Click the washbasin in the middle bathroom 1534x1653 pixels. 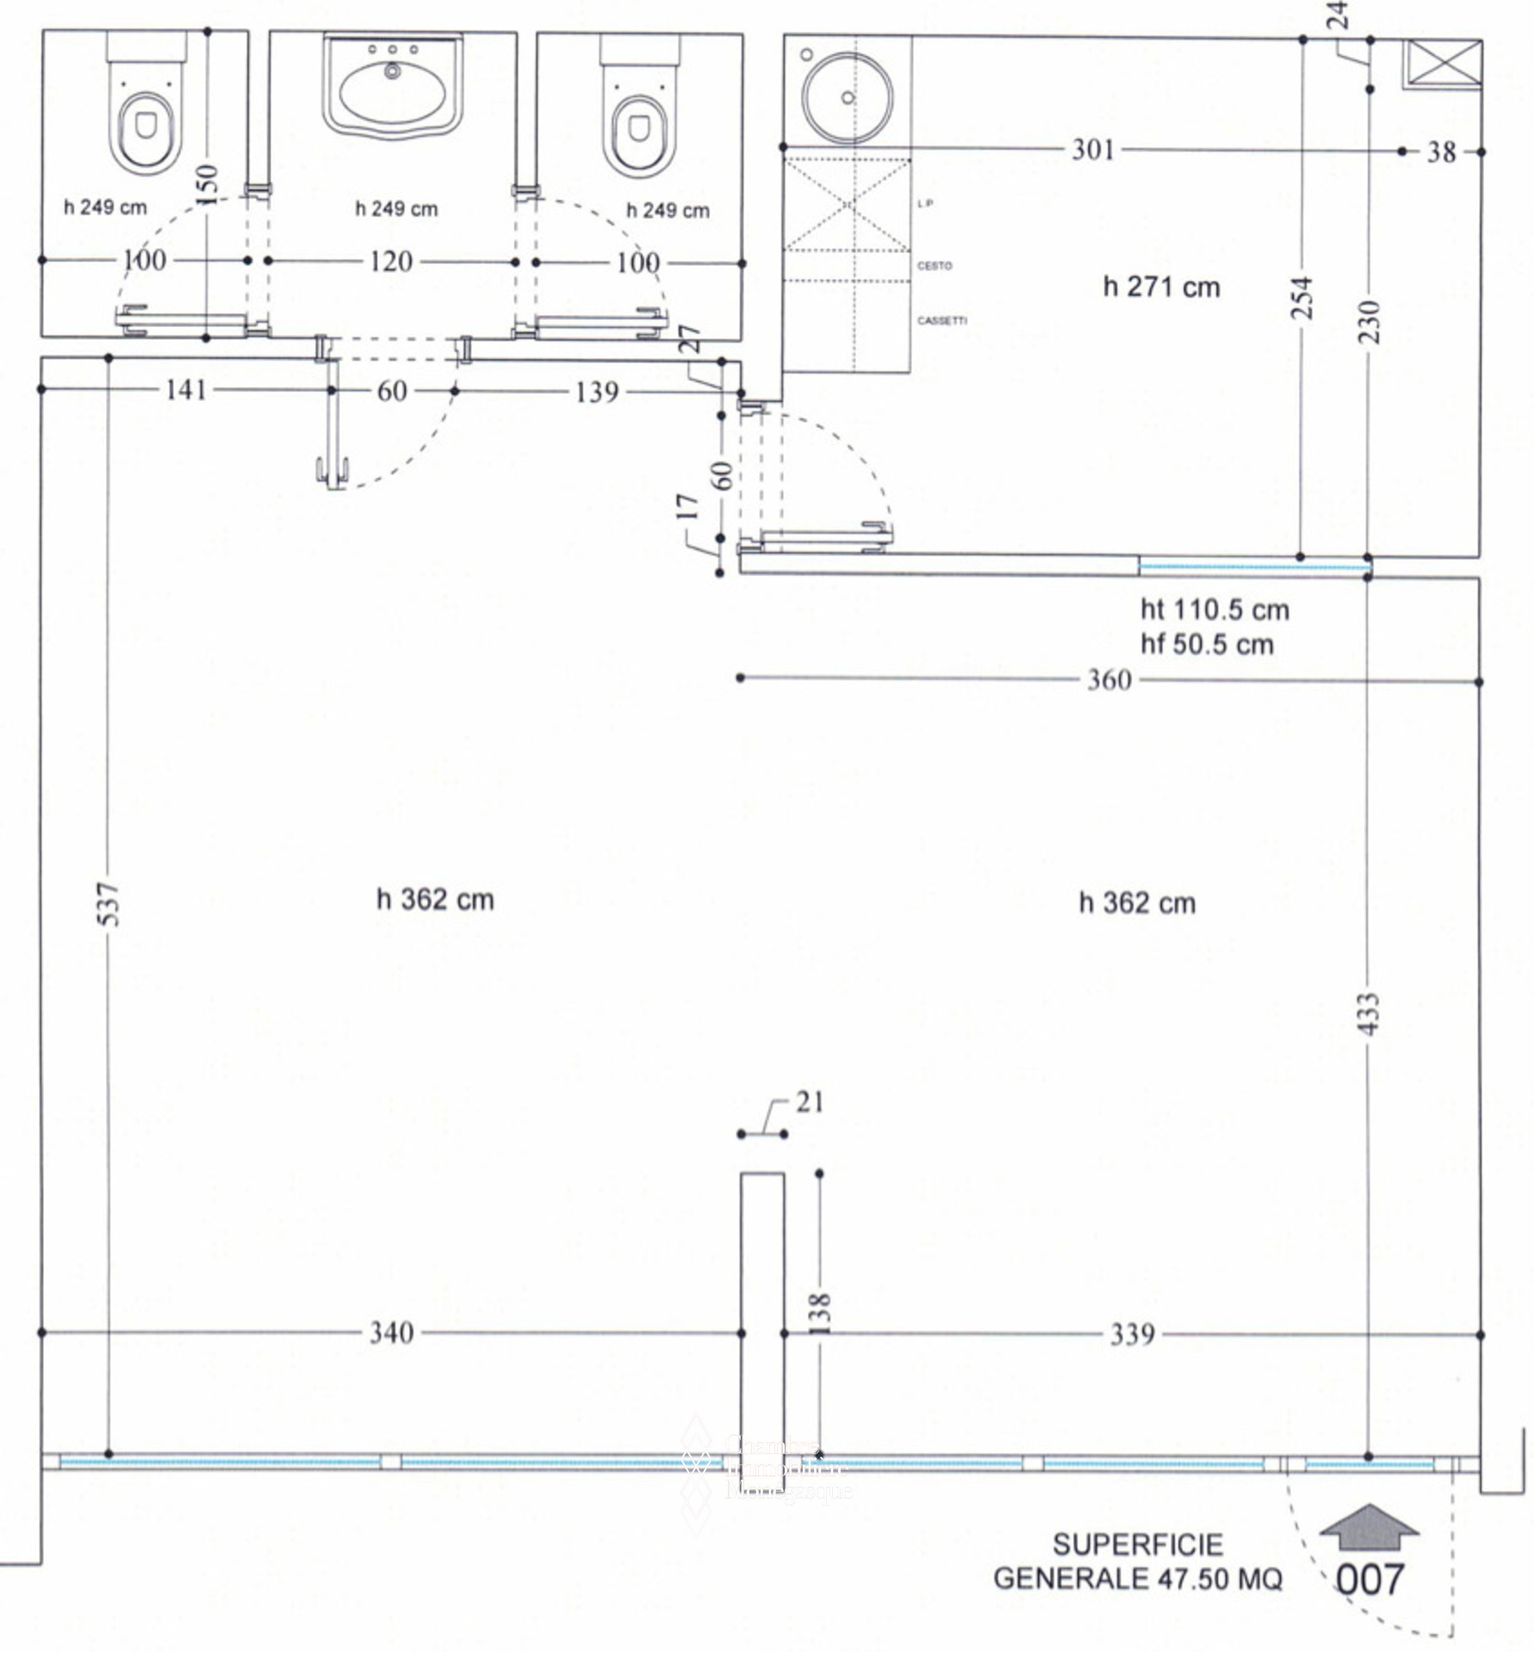click(393, 86)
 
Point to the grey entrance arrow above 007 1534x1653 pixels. click(1369, 1529)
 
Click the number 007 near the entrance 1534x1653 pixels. click(1369, 1579)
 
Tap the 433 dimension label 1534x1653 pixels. click(1369, 1012)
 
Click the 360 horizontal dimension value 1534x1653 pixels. click(1109, 680)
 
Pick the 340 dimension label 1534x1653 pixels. click(392, 1333)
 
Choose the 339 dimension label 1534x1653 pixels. click(1132, 1334)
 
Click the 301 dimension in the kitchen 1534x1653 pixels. click(1093, 150)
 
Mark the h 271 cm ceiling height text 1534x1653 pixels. click(1161, 287)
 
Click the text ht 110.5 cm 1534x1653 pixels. click(1214, 610)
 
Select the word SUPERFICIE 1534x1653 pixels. click(1137, 1545)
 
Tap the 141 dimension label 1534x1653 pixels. click(186, 390)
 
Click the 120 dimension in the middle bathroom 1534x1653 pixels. click(391, 261)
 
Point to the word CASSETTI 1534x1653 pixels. click(941, 320)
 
